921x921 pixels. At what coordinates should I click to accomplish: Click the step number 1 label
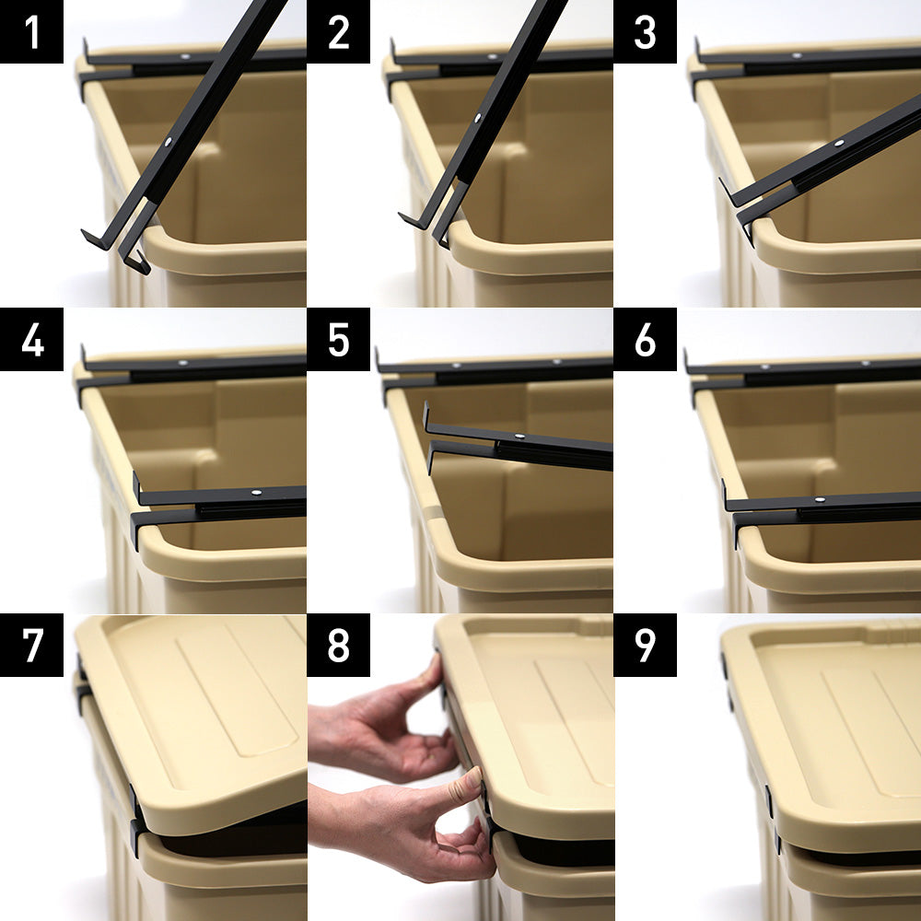click(31, 31)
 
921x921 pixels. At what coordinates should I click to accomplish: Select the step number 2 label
click(338, 31)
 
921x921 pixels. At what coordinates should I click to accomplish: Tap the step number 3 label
click(645, 31)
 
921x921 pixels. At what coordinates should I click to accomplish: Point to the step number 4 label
click(31, 339)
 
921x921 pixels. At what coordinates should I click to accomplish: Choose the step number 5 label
click(338, 339)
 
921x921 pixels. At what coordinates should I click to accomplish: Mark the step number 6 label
click(645, 339)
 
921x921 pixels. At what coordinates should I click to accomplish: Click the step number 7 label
click(31, 645)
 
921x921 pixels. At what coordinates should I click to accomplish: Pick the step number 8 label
click(338, 645)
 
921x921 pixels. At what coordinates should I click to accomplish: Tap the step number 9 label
click(645, 645)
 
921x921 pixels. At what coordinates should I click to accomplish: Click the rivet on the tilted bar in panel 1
click(169, 142)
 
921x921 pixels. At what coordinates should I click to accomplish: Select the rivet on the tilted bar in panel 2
click(477, 118)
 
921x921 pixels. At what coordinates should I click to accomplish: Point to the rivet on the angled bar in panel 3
click(839, 143)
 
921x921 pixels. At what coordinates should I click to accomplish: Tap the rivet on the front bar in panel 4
click(256, 492)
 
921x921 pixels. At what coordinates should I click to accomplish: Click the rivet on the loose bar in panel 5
click(519, 437)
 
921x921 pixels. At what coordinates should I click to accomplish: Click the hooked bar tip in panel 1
click(95, 239)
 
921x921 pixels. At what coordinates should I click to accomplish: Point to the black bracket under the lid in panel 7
click(135, 820)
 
